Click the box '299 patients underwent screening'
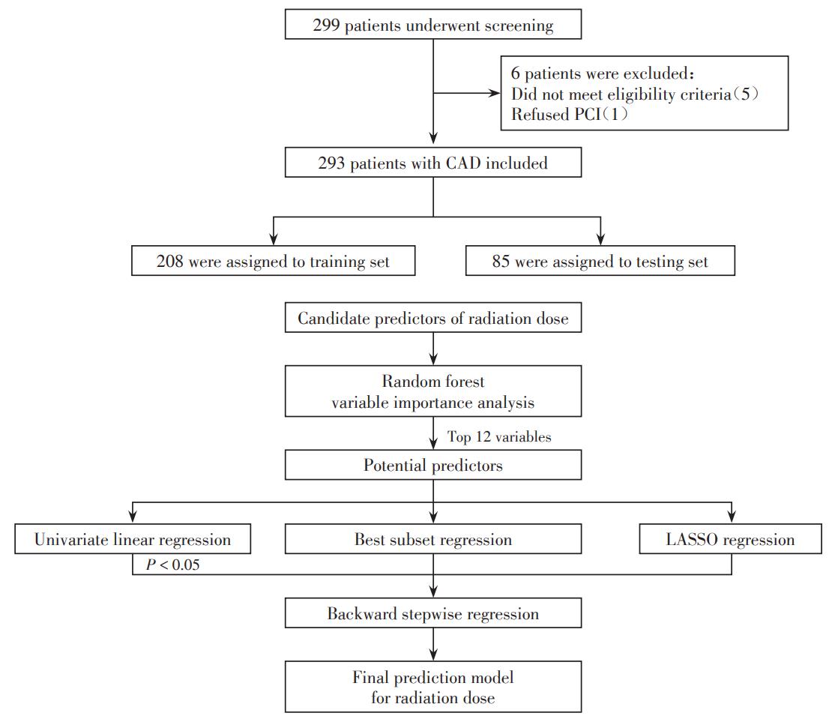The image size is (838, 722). (x=433, y=24)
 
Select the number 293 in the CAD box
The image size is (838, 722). (x=331, y=163)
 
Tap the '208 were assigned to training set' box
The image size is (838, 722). (x=273, y=261)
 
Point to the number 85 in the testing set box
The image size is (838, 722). (x=501, y=261)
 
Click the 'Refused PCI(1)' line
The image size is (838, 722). (x=569, y=115)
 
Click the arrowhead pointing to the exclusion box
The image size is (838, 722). (x=495, y=93)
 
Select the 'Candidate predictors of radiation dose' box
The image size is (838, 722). (x=433, y=317)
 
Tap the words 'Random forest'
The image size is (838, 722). (x=433, y=381)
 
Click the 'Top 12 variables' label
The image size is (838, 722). (x=499, y=436)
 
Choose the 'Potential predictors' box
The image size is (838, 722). (x=433, y=464)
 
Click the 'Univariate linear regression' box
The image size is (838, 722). (x=133, y=539)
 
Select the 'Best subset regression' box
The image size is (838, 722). (x=433, y=539)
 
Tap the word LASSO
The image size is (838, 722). (x=692, y=539)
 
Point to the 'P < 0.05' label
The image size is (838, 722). (x=172, y=565)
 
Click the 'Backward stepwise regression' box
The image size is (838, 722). (x=433, y=613)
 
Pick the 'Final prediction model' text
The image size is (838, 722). (x=433, y=677)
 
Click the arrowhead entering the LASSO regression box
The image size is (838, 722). (x=732, y=517)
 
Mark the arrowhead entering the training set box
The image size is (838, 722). (x=273, y=239)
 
